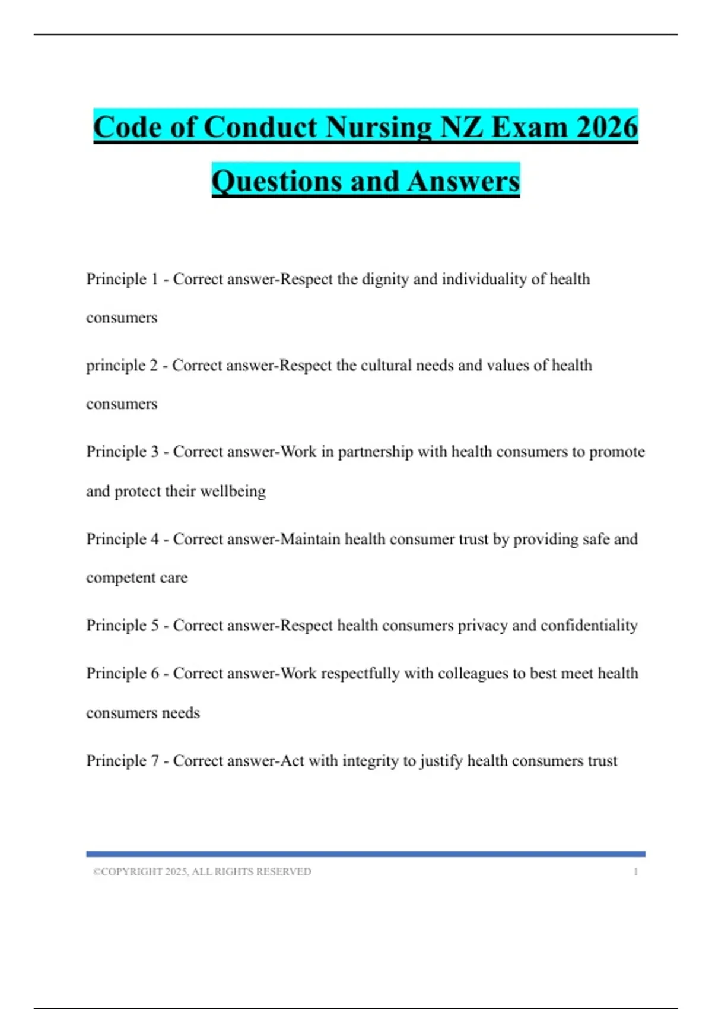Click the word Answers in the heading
click(x=463, y=181)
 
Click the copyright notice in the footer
click(x=202, y=871)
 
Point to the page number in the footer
click(x=635, y=871)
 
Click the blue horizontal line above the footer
click(x=365, y=854)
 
